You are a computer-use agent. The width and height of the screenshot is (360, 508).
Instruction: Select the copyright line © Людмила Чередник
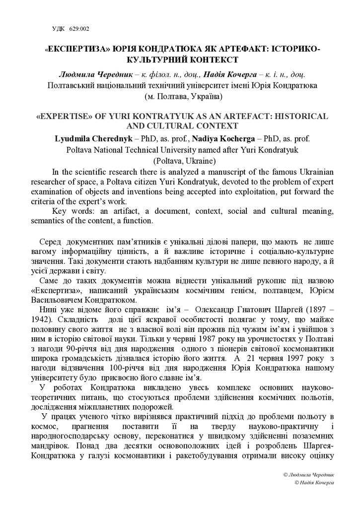[x=308, y=474]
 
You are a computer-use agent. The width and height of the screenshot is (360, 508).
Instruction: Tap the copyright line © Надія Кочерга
[x=314, y=482]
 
